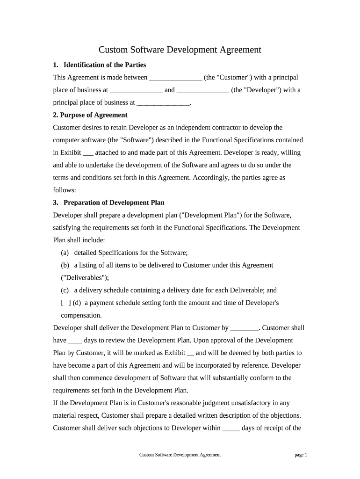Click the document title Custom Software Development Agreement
tap(180, 50)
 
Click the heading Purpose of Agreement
tap(90, 115)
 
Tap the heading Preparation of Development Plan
tap(114, 203)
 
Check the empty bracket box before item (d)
tap(66, 303)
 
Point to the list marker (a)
tap(65, 253)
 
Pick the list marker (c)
tap(65, 290)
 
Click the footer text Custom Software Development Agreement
tap(180, 455)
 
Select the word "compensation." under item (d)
tap(81, 315)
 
